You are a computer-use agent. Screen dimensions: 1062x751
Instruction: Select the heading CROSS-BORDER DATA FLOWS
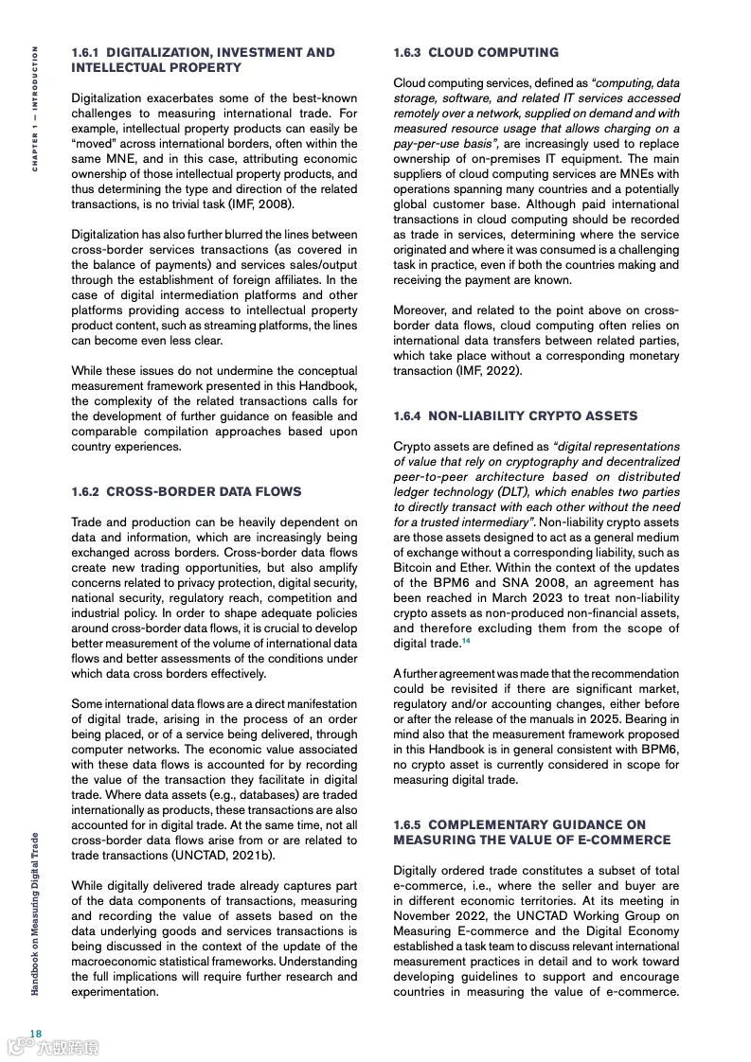coord(204,492)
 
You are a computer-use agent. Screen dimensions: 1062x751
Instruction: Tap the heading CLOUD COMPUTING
coord(493,53)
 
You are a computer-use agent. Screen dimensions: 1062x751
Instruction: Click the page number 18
coord(35,1033)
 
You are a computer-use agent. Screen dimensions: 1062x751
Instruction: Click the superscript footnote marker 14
coord(466,642)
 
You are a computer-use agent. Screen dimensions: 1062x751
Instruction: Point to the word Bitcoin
coord(414,568)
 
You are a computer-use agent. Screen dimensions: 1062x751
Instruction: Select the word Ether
coord(479,568)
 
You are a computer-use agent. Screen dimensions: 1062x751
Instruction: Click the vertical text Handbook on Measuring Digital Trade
coord(35,913)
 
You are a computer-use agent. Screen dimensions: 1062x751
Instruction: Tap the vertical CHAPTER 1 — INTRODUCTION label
coord(35,109)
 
